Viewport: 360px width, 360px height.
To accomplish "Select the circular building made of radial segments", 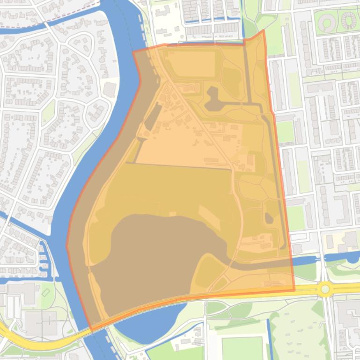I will [x=348, y=20].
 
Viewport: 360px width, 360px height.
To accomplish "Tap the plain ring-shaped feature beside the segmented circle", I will [x=328, y=21].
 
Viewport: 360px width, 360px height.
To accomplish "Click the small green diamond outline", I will [x=45, y=293].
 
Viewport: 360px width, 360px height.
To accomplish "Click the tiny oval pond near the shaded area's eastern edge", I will [x=269, y=218].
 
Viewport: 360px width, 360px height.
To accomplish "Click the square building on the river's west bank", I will [x=110, y=89].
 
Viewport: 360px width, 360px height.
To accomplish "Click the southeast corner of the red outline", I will [x=294, y=290].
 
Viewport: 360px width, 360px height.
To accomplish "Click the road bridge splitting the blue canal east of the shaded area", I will [x=323, y=258].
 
